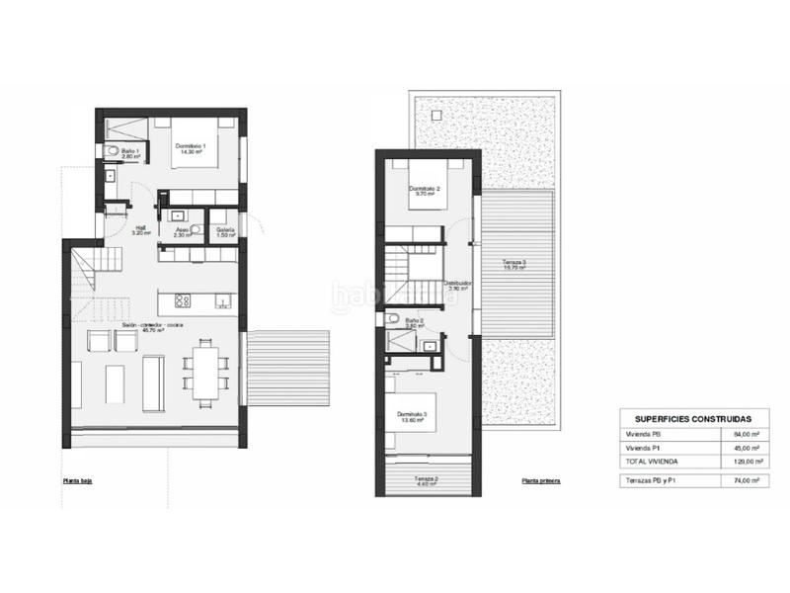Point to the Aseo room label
point(182,231)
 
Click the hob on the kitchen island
point(183,300)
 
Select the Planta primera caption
point(541,480)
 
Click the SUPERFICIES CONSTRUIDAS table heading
point(693,419)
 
